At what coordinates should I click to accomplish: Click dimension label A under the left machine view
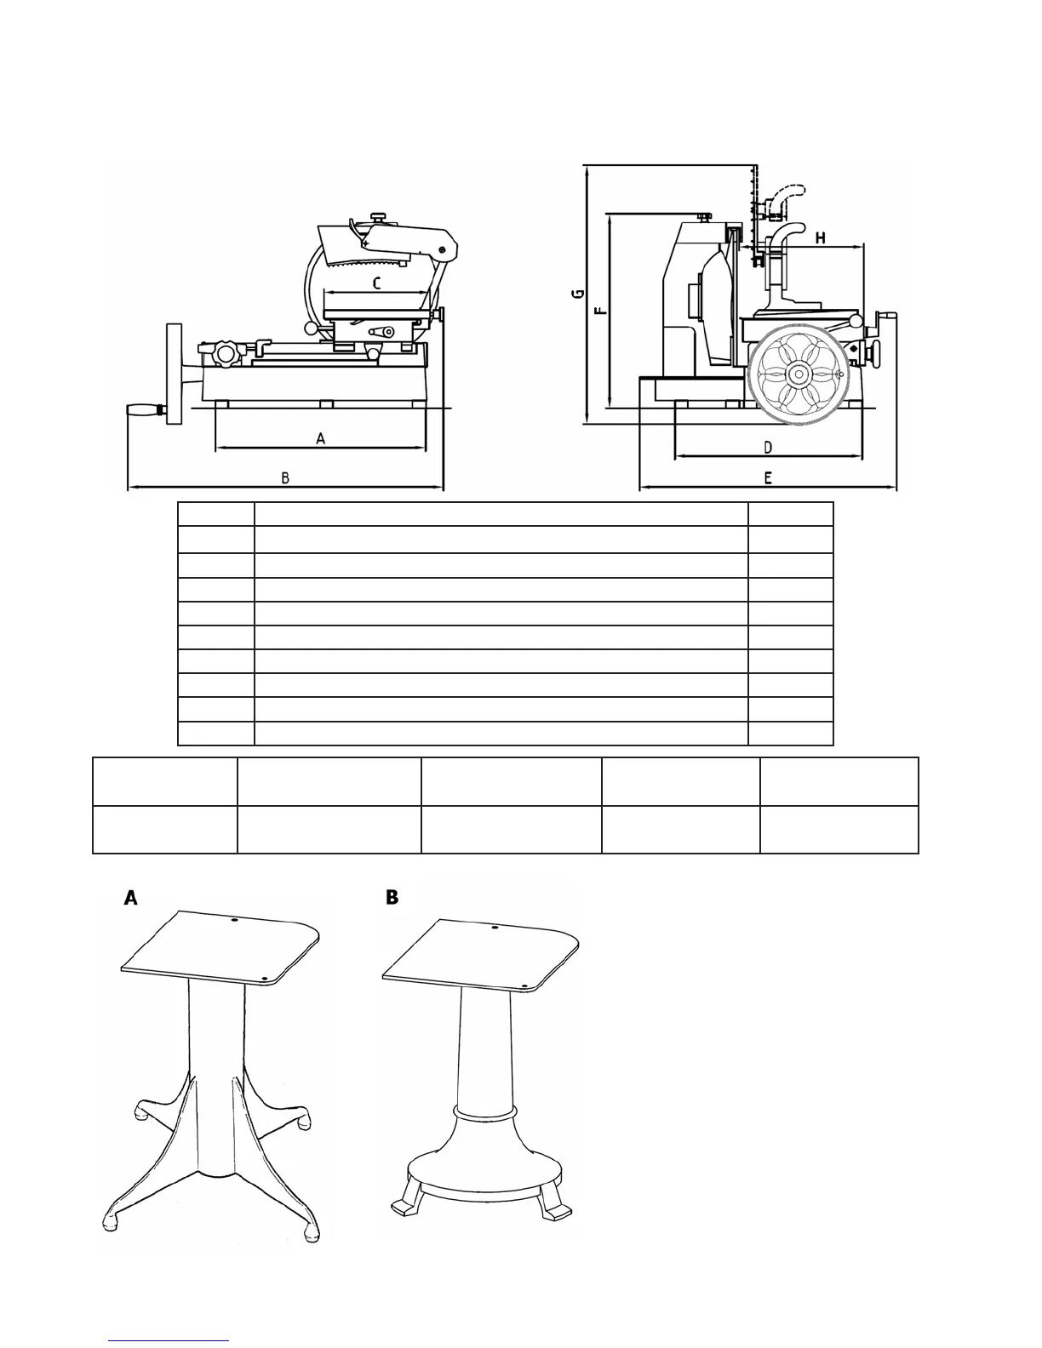pos(320,438)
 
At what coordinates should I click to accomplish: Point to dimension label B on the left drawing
pos(286,478)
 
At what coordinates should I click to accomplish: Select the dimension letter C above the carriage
pos(376,283)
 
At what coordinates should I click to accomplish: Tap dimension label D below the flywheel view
pos(767,447)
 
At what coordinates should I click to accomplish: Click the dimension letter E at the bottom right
pos(767,478)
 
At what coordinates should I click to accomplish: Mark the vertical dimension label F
pos(601,308)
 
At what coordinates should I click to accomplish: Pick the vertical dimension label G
pos(577,294)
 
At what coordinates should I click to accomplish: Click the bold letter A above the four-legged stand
pos(131,898)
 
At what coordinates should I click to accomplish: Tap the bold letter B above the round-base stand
pos(392,897)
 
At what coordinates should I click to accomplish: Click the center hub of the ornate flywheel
pos(799,373)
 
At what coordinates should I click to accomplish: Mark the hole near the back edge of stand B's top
pos(494,926)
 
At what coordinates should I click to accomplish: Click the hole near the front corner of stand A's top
pos(264,979)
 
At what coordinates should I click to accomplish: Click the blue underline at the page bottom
pos(169,1340)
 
